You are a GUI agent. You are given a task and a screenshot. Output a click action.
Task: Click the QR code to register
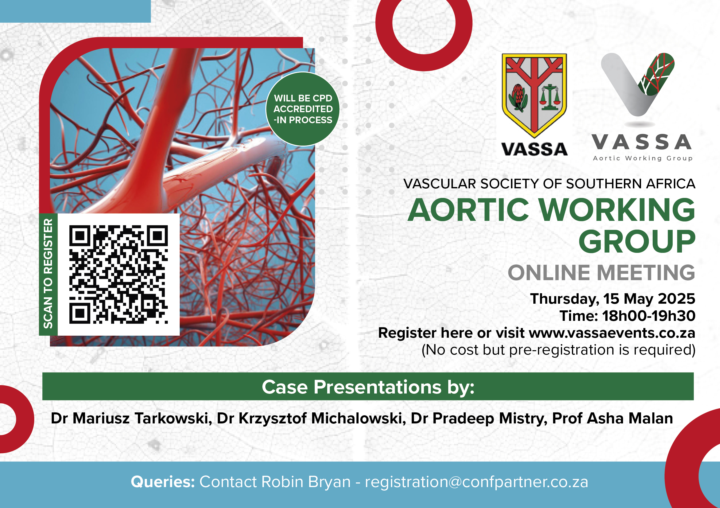(118, 274)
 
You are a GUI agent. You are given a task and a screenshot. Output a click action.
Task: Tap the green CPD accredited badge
(303, 109)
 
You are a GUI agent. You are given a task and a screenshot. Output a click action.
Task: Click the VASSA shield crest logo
(534, 95)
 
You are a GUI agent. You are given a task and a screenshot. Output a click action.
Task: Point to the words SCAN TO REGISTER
(48, 274)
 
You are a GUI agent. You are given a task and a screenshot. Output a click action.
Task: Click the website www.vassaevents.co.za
(612, 333)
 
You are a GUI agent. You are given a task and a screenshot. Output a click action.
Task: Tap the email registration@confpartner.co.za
(476, 482)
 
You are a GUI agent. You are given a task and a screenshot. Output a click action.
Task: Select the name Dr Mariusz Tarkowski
(132, 418)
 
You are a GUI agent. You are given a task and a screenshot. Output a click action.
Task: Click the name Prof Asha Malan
(613, 418)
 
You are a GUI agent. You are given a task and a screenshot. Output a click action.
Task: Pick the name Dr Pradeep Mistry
(479, 419)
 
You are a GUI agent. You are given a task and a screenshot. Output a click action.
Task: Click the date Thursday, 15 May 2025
(613, 299)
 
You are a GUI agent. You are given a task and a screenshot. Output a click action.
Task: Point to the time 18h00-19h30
(649, 316)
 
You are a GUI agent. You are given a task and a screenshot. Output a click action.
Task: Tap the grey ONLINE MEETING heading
(602, 273)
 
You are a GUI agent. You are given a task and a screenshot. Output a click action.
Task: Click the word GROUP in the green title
(637, 241)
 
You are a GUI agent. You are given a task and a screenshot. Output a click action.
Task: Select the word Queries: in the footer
(163, 482)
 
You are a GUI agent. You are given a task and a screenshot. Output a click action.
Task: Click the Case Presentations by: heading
(368, 387)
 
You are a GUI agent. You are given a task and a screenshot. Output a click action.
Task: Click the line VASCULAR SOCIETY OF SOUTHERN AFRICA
(549, 184)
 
